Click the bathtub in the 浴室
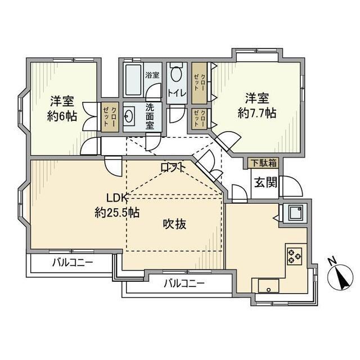coord(133,81)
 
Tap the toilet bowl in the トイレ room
coord(177,75)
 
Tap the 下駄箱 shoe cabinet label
coord(263,164)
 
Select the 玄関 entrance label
coord(263,183)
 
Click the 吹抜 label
coord(175,223)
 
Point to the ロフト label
coord(174,167)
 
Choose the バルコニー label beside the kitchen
coord(184,283)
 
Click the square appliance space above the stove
coord(294,213)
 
